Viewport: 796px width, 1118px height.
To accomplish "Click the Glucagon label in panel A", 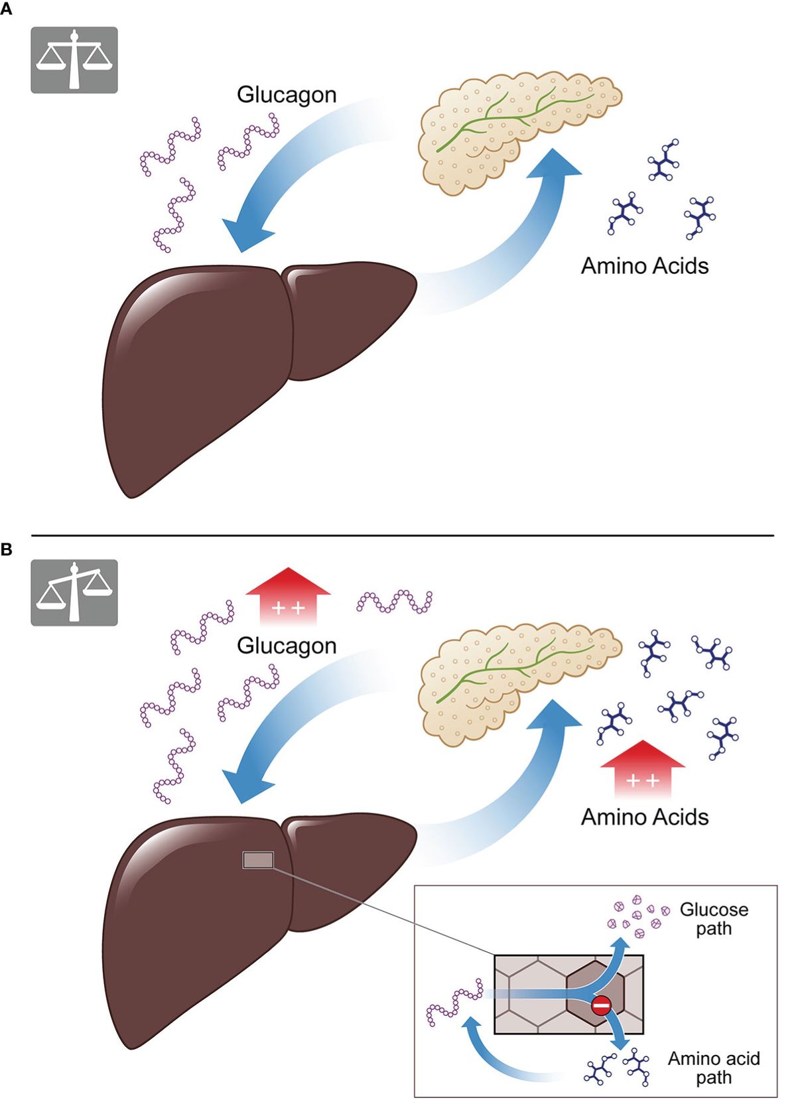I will (287, 95).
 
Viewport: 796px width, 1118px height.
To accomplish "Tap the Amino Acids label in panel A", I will (645, 266).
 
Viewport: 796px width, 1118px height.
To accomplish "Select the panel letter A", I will (6, 9).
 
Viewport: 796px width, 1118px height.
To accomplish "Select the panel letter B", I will (6, 549).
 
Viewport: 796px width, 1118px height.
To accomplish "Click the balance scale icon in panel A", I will (74, 60).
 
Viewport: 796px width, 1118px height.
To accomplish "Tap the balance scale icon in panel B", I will (74, 593).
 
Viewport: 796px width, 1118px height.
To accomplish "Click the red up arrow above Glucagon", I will (288, 596).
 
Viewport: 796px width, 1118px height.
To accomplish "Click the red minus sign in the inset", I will (601, 1006).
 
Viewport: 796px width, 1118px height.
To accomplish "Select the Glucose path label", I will (714, 919).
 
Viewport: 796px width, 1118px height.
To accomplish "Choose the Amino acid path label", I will (714, 1068).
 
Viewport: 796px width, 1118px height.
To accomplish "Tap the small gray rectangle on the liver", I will (258, 861).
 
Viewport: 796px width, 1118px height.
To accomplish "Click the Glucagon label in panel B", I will (287, 646).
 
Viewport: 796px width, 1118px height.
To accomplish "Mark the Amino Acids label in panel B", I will (645, 817).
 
